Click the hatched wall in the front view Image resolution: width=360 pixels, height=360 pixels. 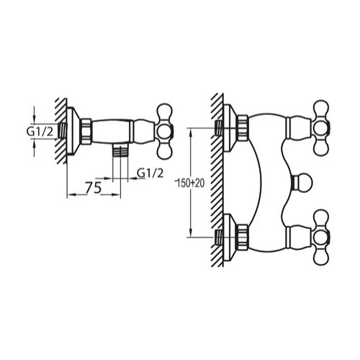coord(215,180)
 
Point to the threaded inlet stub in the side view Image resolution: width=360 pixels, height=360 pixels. coord(65,130)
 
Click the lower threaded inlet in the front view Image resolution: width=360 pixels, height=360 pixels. coord(219,235)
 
